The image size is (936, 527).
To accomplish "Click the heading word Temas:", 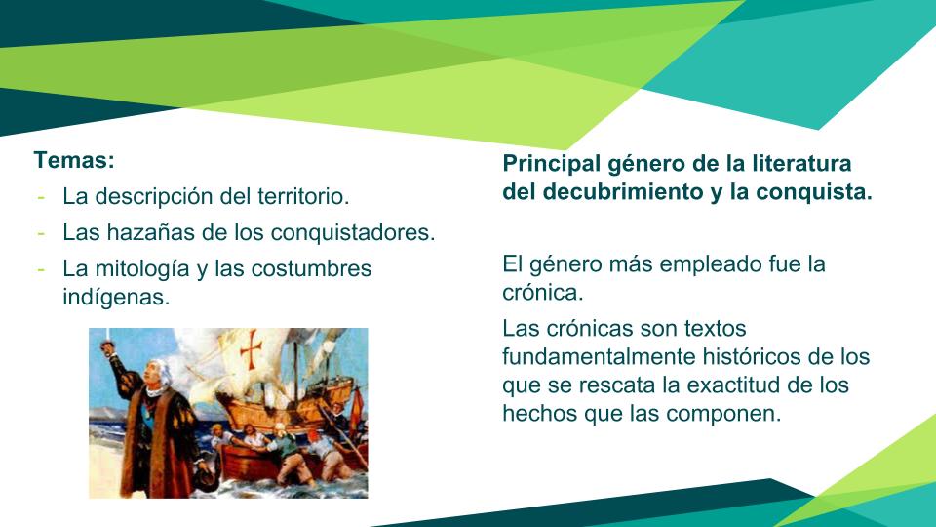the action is pyautogui.click(x=74, y=160).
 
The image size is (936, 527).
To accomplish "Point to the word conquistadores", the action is pyautogui.click(x=353, y=232).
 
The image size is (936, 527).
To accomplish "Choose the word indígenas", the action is pyautogui.click(x=116, y=297).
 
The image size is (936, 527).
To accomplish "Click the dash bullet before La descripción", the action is pyautogui.click(x=41, y=196).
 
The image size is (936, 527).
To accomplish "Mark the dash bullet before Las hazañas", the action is pyautogui.click(x=41, y=233).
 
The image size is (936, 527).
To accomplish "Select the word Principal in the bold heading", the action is pyautogui.click(x=552, y=163).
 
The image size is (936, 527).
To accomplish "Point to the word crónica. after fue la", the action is pyautogui.click(x=543, y=292).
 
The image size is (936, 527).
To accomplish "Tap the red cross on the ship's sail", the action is pyautogui.click(x=252, y=348).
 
